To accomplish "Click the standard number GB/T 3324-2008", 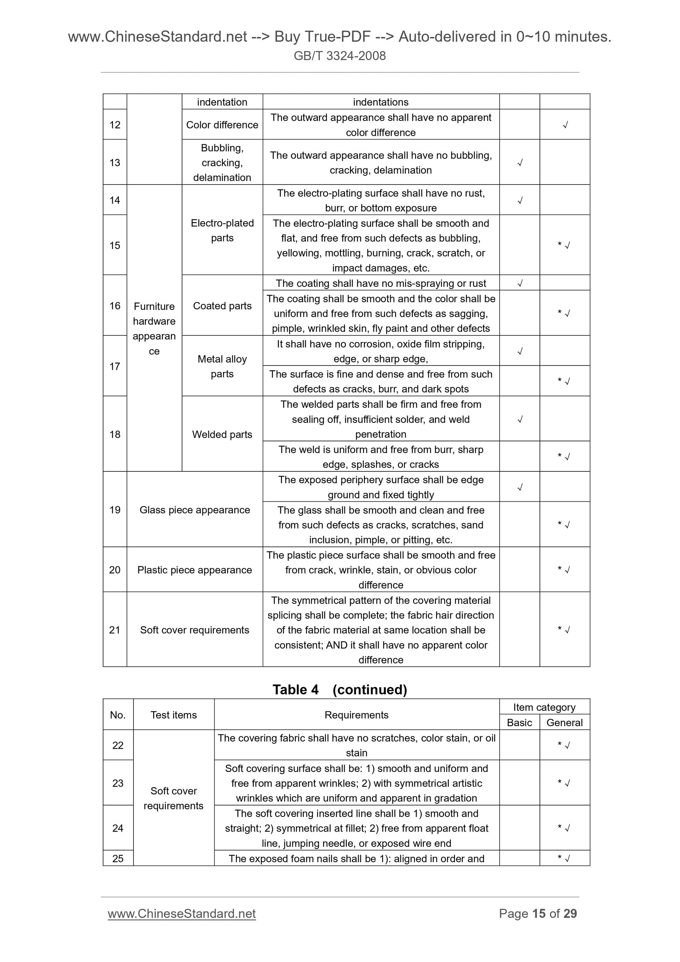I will pyautogui.click(x=339, y=56).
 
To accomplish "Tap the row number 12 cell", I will pyautogui.click(x=115, y=125).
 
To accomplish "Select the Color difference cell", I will pyautogui.click(x=222, y=125).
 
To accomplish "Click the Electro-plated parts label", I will pyautogui.click(x=222, y=230).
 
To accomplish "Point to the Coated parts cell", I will pyautogui.click(x=222, y=306).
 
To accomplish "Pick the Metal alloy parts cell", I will pyautogui.click(x=222, y=366).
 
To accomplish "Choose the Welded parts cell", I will pyautogui.click(x=222, y=434).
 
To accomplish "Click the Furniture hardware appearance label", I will pyautogui.click(x=154, y=328).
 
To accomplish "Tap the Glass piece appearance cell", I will pyautogui.click(x=194, y=510).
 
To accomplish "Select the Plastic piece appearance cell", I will pyautogui.click(x=194, y=570).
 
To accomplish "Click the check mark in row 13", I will pyautogui.click(x=520, y=163).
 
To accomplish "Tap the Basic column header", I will pyautogui.click(x=519, y=723).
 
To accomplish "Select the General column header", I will pyautogui.click(x=564, y=723).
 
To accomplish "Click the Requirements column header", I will pyautogui.click(x=356, y=715).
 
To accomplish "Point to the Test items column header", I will pyautogui.click(x=173, y=715).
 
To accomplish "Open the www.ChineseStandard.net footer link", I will pyautogui.click(x=181, y=913).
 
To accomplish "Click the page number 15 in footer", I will pyautogui.click(x=538, y=913).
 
